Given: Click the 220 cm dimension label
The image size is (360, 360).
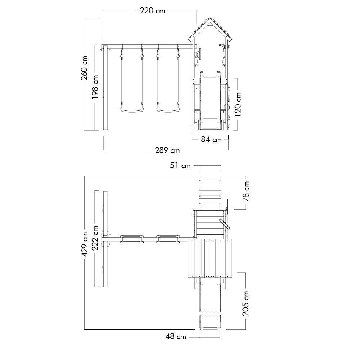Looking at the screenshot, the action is (x=152, y=10).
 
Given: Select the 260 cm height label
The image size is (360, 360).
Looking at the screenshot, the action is (x=84, y=68).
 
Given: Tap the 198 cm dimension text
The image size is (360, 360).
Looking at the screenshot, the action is (x=95, y=87).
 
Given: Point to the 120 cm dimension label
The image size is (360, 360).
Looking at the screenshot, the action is (x=238, y=104).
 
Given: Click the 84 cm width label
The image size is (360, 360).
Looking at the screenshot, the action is (x=211, y=140).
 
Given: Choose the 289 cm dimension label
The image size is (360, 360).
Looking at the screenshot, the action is (x=167, y=150).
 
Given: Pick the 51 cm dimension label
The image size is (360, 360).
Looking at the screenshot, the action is (x=180, y=165).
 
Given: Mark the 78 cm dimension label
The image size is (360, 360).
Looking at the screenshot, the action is (x=246, y=192).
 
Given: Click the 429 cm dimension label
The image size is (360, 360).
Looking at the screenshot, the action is (x=85, y=244).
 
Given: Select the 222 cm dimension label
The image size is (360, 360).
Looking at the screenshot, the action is (x=95, y=238).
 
